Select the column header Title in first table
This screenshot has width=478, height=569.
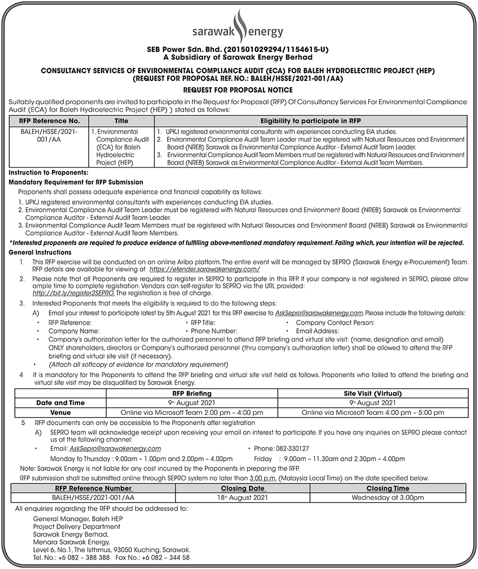[x=121, y=121]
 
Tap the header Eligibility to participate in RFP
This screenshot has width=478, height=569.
[x=311, y=121]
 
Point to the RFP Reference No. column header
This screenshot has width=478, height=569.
[x=49, y=121]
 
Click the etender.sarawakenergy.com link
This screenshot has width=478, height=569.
[x=204, y=269]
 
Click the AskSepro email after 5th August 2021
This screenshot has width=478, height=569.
[x=319, y=313]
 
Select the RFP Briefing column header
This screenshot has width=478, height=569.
[x=192, y=393]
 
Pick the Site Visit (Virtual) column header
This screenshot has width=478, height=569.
[x=373, y=393]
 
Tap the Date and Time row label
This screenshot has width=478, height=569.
[x=60, y=403]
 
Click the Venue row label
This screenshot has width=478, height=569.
[x=60, y=412]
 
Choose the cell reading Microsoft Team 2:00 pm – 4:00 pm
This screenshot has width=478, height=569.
[x=192, y=412]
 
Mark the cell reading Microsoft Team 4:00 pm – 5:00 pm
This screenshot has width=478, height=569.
[x=373, y=412]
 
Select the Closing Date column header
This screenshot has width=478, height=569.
[x=242, y=488]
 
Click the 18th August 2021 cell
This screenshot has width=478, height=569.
[x=242, y=497]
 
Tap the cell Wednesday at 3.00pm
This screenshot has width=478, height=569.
[x=387, y=497]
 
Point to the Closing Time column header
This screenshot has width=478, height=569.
[x=387, y=488]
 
